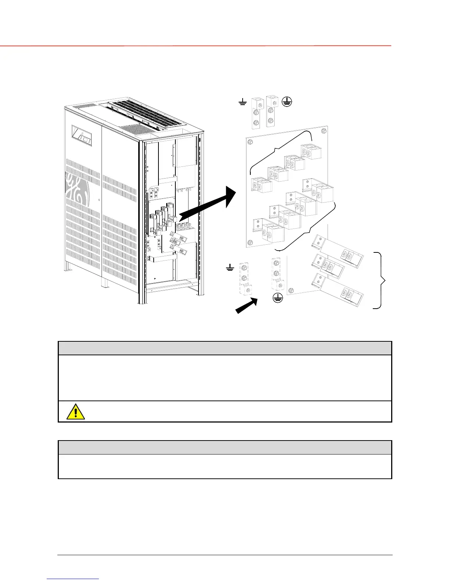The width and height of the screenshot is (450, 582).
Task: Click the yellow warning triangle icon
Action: click(76, 412)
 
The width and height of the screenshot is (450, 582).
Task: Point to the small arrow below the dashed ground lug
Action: click(246, 306)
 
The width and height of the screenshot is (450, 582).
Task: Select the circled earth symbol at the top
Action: click(287, 102)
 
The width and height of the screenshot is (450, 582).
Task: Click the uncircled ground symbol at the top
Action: click(242, 103)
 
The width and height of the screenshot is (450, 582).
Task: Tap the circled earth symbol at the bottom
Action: click(278, 298)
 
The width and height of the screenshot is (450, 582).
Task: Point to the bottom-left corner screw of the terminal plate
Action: click(250, 242)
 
